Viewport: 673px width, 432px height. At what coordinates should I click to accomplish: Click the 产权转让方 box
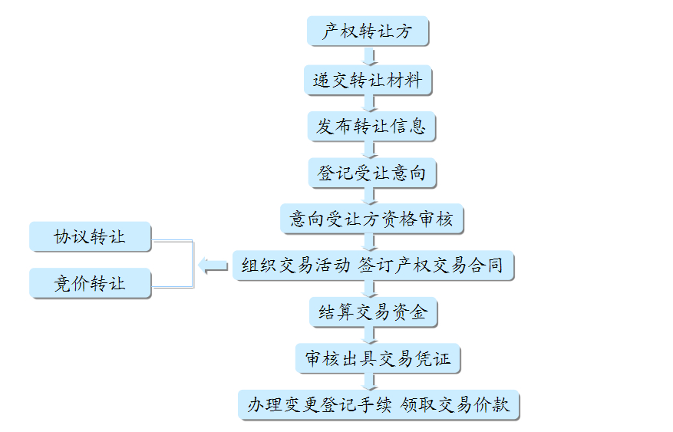(x=367, y=32)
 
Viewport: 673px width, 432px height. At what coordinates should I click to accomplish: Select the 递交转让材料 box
(x=367, y=80)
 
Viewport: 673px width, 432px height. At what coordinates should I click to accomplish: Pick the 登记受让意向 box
(x=371, y=173)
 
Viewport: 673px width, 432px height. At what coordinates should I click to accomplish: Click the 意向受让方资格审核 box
(x=371, y=219)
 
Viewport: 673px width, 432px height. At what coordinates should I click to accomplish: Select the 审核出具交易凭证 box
(x=377, y=358)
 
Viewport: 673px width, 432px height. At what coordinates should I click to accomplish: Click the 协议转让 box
(x=90, y=236)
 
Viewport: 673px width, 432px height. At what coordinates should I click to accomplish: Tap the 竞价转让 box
(x=90, y=283)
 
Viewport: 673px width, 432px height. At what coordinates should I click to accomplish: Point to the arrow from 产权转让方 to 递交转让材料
(x=369, y=56)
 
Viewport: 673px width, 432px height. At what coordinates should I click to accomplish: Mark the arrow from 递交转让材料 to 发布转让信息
(x=369, y=103)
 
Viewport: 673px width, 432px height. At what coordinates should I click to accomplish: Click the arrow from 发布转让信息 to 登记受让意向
(x=369, y=150)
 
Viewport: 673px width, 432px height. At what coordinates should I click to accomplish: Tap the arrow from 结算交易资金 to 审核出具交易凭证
(x=371, y=335)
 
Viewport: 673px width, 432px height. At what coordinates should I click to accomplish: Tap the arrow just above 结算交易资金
(x=371, y=289)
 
